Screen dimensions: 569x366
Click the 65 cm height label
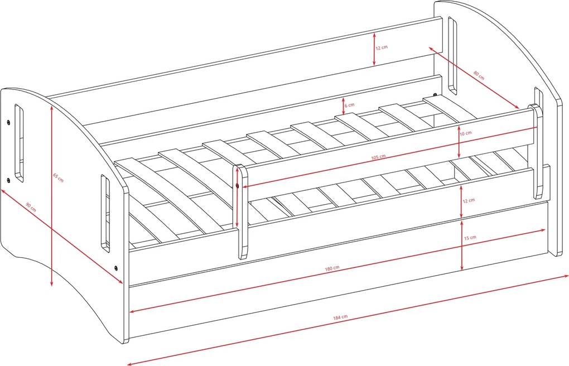(58, 177)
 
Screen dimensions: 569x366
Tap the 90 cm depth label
(31, 208)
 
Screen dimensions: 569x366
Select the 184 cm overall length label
(340, 317)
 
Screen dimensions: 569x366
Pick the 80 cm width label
(479, 75)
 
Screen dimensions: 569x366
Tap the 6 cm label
(349, 105)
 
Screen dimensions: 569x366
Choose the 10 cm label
(466, 133)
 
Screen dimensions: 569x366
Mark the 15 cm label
(470, 238)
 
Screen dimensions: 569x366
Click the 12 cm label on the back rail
(382, 47)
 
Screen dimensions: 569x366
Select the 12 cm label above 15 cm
(469, 200)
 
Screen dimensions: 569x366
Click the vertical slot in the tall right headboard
(452, 56)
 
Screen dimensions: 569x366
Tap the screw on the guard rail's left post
(237, 186)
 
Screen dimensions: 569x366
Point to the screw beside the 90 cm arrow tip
(116, 268)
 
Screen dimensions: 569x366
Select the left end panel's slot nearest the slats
(105, 213)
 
